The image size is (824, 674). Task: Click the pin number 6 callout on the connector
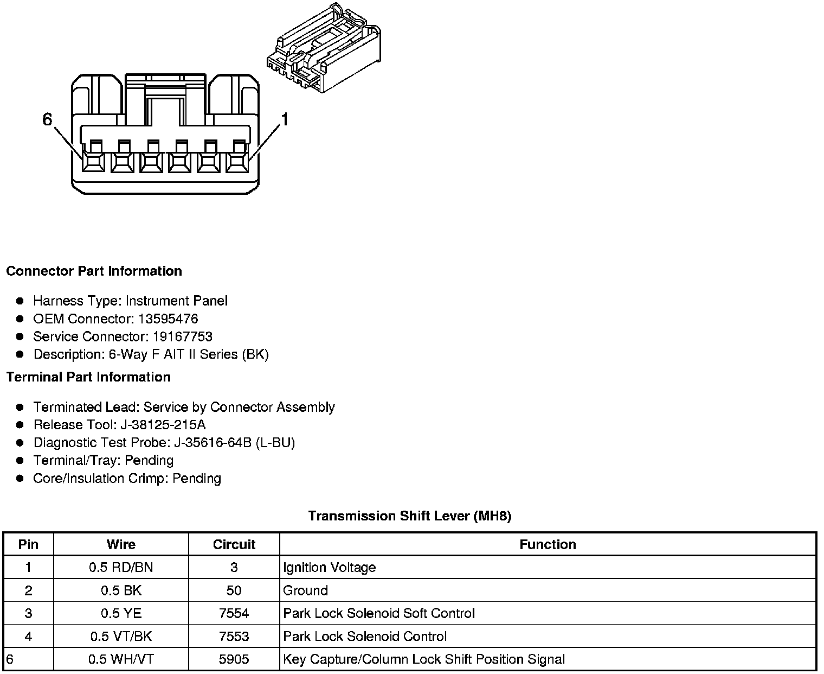pyautogui.click(x=48, y=119)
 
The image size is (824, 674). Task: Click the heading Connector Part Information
pyautogui.click(x=94, y=271)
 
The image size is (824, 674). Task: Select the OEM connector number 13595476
pyautogui.click(x=168, y=319)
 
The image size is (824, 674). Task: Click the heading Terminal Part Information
pyautogui.click(x=88, y=377)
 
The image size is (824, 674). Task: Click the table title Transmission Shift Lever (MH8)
pyautogui.click(x=410, y=516)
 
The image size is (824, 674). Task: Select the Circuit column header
pyautogui.click(x=234, y=544)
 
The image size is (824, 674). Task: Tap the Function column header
pyautogui.click(x=548, y=544)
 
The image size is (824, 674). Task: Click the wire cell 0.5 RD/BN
pyautogui.click(x=121, y=568)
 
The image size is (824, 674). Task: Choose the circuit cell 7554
pyautogui.click(x=234, y=613)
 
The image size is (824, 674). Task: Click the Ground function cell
pyautogui.click(x=306, y=590)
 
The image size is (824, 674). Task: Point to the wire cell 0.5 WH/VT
pyautogui.click(x=121, y=659)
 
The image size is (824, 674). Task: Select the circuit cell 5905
pyautogui.click(x=234, y=659)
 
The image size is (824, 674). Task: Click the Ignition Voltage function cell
pyautogui.click(x=330, y=568)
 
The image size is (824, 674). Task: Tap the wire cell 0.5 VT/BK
pyautogui.click(x=121, y=636)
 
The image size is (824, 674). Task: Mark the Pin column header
pyautogui.click(x=28, y=544)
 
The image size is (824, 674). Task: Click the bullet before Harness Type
pyautogui.click(x=20, y=301)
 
